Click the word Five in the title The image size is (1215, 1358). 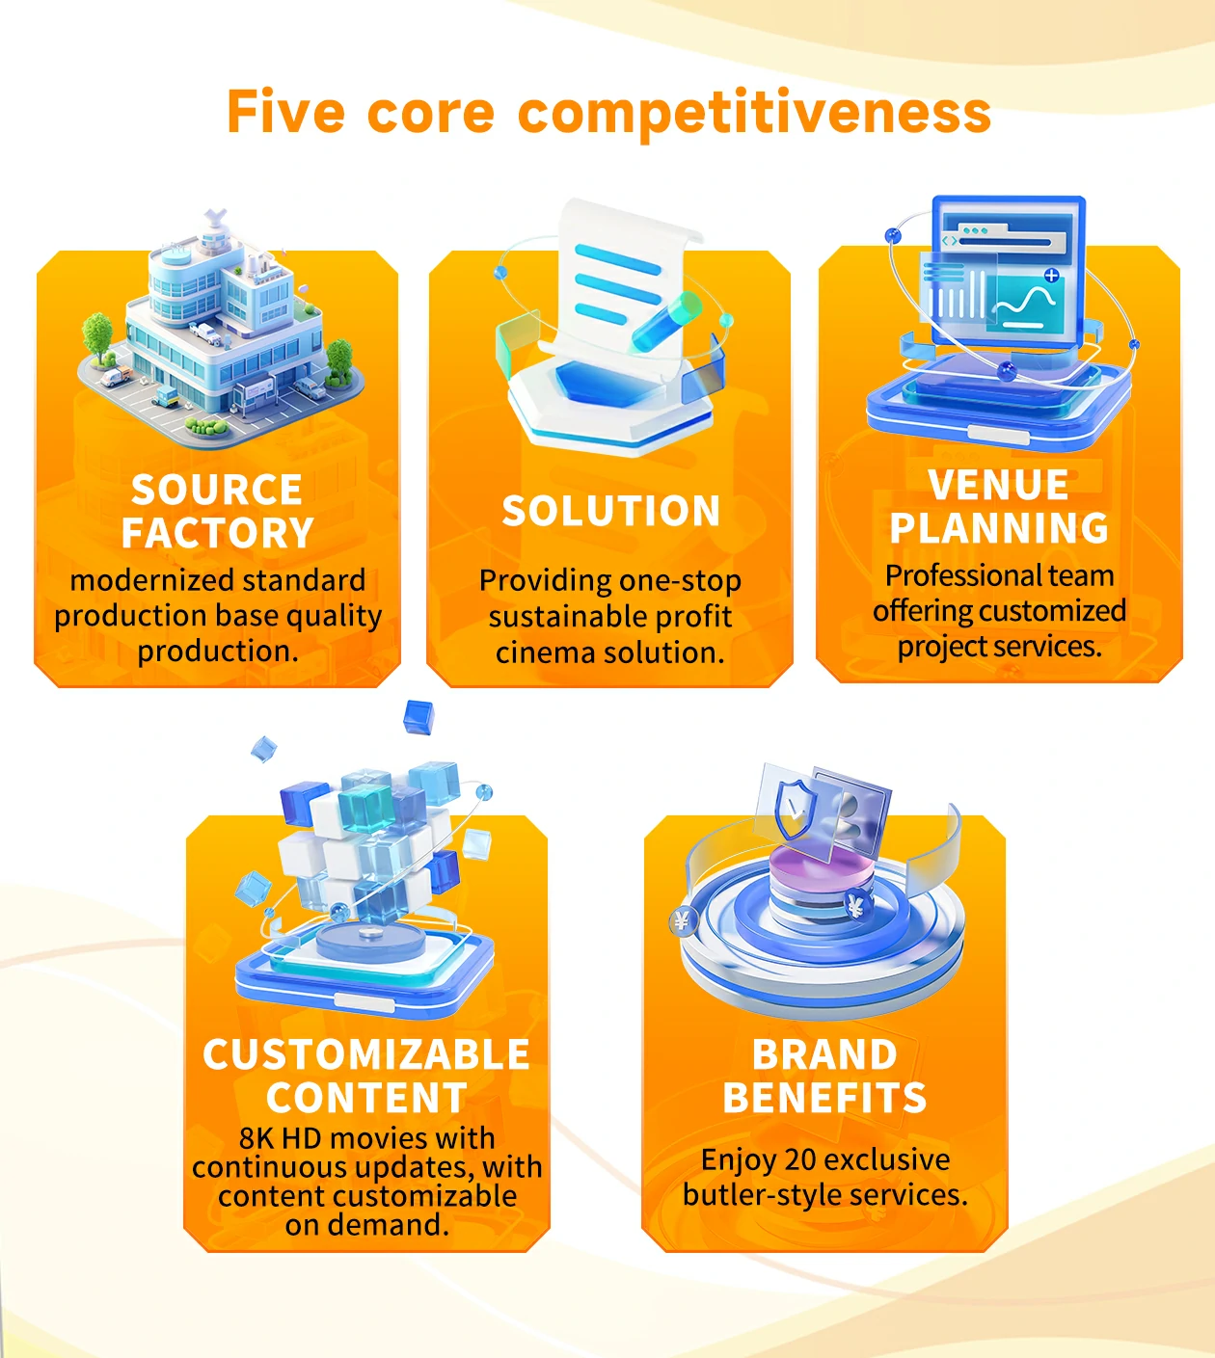(x=285, y=111)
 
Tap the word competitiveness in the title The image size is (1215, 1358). (x=754, y=114)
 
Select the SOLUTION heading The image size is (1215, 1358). (x=610, y=511)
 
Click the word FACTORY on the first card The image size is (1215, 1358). (x=217, y=533)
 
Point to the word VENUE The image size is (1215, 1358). (x=998, y=485)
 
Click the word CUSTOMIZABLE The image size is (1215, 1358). (x=366, y=1054)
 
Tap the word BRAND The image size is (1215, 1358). (x=824, y=1054)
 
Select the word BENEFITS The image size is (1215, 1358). (x=824, y=1097)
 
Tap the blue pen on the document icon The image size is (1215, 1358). (x=666, y=322)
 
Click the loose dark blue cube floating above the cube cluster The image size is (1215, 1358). (x=418, y=716)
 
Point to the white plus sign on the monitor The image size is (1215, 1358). (x=1051, y=275)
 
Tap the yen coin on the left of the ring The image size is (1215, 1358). (x=683, y=921)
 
